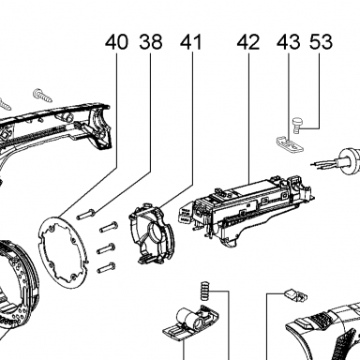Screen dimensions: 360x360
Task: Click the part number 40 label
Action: (116, 42)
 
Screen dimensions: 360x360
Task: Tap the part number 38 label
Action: (151, 42)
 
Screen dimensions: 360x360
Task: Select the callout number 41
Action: (191, 42)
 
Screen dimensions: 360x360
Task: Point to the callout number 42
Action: (248, 42)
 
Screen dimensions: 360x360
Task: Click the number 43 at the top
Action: (288, 42)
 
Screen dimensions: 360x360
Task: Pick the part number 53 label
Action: (321, 42)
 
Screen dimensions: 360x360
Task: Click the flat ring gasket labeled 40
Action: (63, 251)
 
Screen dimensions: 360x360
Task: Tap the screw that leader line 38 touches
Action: (86, 215)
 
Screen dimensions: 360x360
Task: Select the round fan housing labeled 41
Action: (151, 232)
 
